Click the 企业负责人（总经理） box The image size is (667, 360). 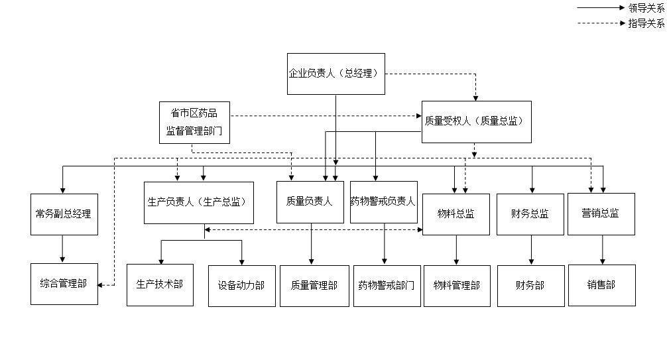tap(335, 74)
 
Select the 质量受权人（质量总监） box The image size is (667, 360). tap(476, 121)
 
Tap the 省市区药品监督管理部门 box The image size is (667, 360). tap(195, 123)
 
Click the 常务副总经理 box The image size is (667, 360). tap(64, 214)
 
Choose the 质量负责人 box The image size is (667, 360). tap(309, 202)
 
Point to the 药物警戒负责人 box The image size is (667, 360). tap(383, 202)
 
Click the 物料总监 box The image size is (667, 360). tap(455, 214)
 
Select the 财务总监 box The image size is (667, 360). tap(530, 214)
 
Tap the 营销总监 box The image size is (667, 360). tap(601, 214)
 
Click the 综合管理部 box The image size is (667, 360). tap(64, 284)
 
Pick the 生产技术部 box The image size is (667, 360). tap(160, 284)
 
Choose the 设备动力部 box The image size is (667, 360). tap(241, 286)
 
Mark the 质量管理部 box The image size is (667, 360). tap(314, 286)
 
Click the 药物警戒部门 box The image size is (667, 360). tap(387, 286)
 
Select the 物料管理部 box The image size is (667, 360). tap(457, 286)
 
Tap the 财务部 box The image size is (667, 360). tap(530, 286)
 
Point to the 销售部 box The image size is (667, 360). tap(601, 285)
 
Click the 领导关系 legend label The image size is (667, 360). tap(646, 8)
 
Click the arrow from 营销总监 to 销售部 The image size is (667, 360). tap(602, 250)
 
